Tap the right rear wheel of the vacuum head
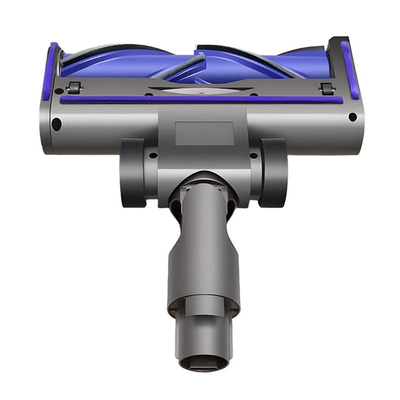coord(272,172)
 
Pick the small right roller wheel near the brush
coord(327,88)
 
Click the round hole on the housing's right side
coord(352,117)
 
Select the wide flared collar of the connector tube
coord(203,260)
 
